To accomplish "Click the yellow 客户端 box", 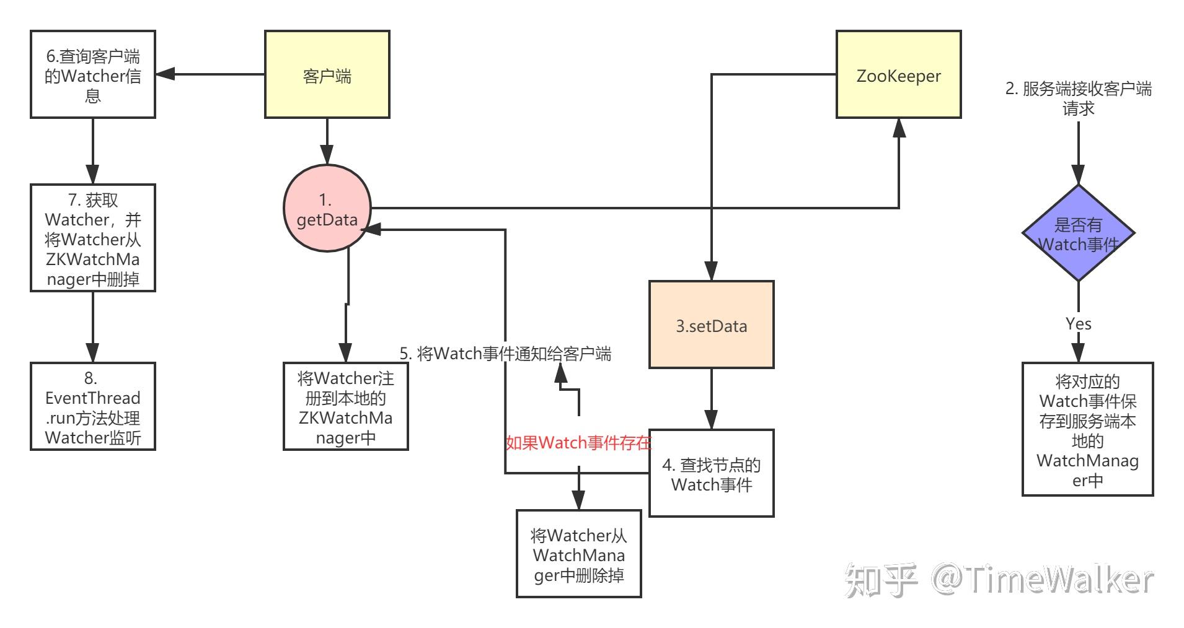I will pos(327,74).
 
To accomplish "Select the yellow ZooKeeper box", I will pos(898,74).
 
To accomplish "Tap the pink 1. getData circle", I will pos(327,209).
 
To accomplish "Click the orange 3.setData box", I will pos(711,325).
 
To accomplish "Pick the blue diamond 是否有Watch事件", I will pos(1078,233).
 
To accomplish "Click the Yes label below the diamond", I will pos(1078,323).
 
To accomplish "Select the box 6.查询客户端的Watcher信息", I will pos(93,74).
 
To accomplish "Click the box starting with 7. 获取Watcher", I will pos(93,238).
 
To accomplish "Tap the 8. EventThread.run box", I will pos(93,406).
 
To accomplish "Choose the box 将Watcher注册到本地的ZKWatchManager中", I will pos(345,406).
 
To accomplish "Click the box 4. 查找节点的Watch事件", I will pos(711,473).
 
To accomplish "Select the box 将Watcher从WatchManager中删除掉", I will pos(578,554).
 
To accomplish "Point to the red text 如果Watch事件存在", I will pos(578,443).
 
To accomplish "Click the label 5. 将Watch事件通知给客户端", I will pos(505,354).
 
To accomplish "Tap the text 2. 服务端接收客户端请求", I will pos(1078,98).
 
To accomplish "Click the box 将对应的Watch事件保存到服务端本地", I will pos(1087,429).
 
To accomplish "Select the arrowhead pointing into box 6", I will pos(165,74).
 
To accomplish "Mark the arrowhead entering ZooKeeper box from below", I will pos(898,128).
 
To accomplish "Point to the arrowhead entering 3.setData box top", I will pos(711,271).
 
